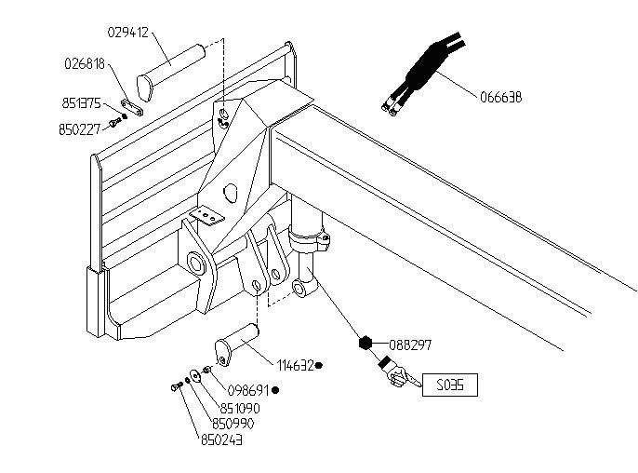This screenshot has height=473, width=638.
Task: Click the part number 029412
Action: pos(128,33)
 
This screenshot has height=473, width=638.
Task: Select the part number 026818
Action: pos(85,63)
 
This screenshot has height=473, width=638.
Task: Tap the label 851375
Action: pos(82,103)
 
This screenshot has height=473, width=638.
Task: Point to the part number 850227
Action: pos(79,129)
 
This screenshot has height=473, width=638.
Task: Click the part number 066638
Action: pos(501,98)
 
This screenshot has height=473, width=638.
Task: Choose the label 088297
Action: pos(410,345)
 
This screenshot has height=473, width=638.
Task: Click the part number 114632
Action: pos(295,365)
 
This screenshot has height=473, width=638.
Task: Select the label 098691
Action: pos(248,390)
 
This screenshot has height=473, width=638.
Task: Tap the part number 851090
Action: pos(240,408)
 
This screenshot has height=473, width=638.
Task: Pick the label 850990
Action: pos(233,424)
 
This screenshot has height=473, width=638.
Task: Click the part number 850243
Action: pos(221,440)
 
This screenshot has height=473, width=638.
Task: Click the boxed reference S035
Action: pos(449,385)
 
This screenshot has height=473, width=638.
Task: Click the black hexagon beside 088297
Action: pos(366,344)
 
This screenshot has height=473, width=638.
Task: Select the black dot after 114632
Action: pos(319,365)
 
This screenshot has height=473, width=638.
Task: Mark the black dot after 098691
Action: pos(275,390)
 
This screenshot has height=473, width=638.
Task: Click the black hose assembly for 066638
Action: pos(423,73)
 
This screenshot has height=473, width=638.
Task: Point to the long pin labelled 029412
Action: pos(170,72)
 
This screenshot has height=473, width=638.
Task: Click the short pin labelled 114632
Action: pos(236,345)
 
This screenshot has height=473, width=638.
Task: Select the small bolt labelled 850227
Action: pos(115,122)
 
